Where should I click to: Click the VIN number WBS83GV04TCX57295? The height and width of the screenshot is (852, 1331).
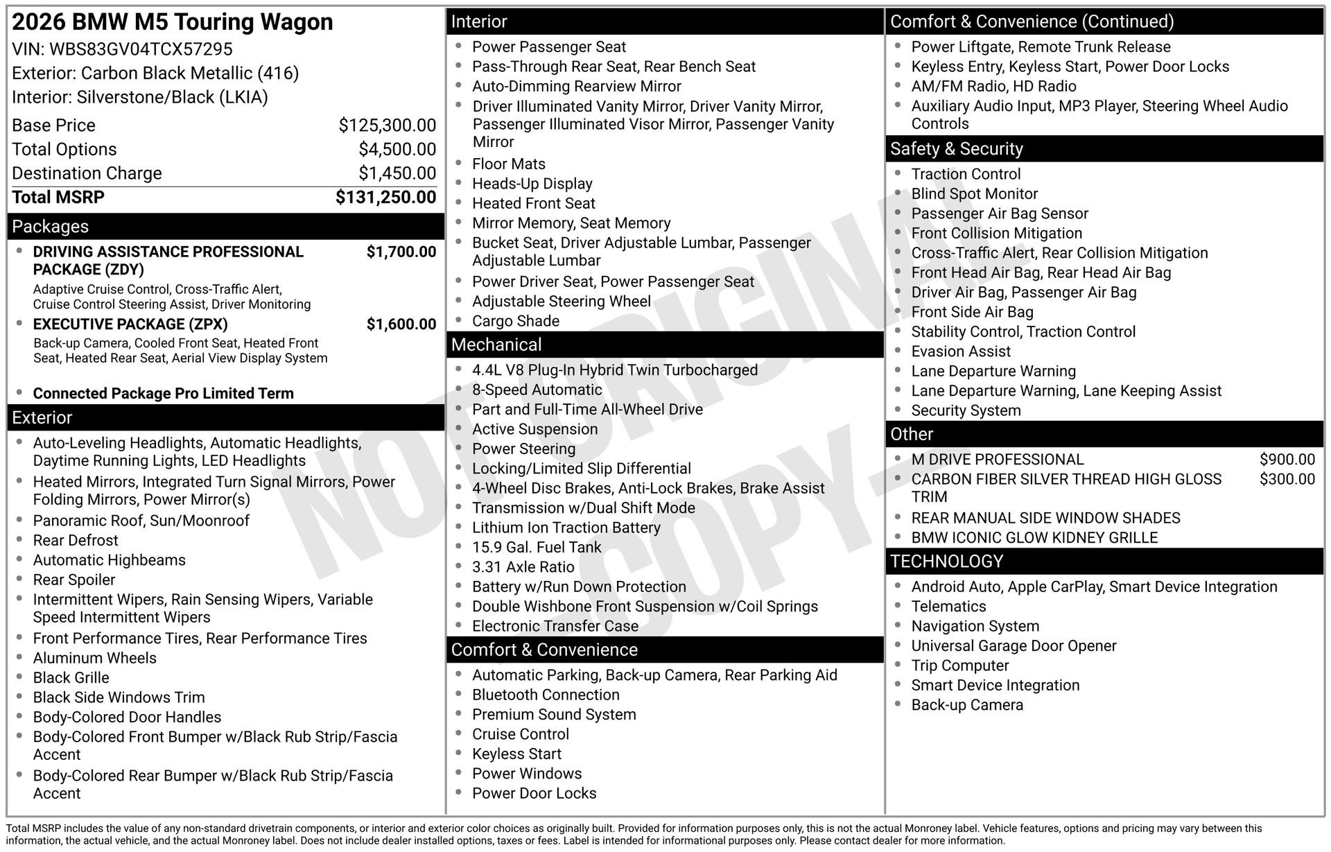(x=141, y=49)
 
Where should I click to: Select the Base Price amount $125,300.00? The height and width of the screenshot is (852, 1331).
(x=387, y=125)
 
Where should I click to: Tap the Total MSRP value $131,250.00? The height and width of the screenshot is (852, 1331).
(x=385, y=198)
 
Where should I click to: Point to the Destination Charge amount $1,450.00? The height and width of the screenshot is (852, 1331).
(x=397, y=173)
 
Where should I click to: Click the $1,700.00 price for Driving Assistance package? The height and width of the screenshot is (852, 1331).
(x=401, y=252)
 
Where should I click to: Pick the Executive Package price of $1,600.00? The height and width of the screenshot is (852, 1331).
(x=401, y=324)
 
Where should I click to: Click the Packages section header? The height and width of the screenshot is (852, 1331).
(x=51, y=227)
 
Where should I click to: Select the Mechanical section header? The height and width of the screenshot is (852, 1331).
(x=496, y=345)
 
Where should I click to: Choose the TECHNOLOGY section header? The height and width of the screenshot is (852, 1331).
(x=946, y=562)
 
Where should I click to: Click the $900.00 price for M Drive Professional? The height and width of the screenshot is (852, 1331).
(x=1287, y=460)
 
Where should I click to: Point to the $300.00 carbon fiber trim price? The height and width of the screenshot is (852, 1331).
(x=1287, y=479)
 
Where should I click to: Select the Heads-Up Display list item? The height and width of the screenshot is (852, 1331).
(x=532, y=184)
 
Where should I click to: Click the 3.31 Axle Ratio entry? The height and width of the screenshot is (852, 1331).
(x=523, y=567)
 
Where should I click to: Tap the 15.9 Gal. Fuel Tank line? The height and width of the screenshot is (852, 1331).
(x=537, y=548)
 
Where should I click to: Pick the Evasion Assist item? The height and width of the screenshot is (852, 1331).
(x=961, y=351)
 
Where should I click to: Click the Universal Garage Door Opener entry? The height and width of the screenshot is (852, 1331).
(x=1014, y=646)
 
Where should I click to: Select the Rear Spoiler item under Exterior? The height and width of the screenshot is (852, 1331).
(x=74, y=580)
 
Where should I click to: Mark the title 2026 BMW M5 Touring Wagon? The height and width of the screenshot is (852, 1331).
(x=173, y=22)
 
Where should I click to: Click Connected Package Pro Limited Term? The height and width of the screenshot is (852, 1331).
(x=164, y=394)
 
